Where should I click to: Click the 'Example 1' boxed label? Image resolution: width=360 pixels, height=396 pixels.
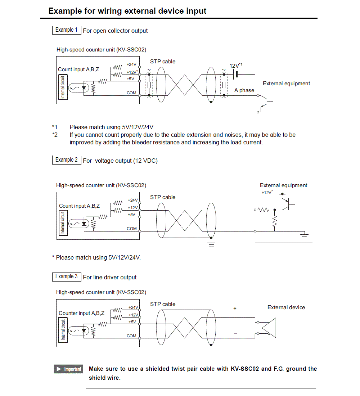pos(66,30)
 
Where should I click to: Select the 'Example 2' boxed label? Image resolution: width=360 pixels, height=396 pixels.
pos(66,160)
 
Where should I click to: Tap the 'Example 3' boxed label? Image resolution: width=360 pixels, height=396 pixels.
pos(66,277)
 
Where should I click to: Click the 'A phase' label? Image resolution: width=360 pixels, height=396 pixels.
pos(244,90)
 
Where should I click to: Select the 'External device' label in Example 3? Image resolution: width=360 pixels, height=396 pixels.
pos(286,307)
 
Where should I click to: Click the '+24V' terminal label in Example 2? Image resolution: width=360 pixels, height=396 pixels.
pos(132,200)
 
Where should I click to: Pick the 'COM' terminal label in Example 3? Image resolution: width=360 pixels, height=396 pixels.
pos(131,336)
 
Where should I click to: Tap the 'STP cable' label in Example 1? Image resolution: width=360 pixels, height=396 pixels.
pos(163,62)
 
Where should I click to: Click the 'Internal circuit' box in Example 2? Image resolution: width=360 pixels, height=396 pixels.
pos(63,223)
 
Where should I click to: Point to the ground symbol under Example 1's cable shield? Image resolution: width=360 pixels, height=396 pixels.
pos(211,108)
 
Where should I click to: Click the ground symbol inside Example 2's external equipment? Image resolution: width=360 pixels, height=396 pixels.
pos(305,236)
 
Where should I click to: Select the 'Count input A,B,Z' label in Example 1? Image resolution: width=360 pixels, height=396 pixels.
pos(78,69)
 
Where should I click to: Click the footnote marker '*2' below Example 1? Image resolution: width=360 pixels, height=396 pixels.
pos(54,135)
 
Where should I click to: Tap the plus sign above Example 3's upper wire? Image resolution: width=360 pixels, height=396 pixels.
pos(235,309)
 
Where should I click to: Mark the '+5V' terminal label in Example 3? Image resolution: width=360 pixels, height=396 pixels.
pos(132,322)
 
